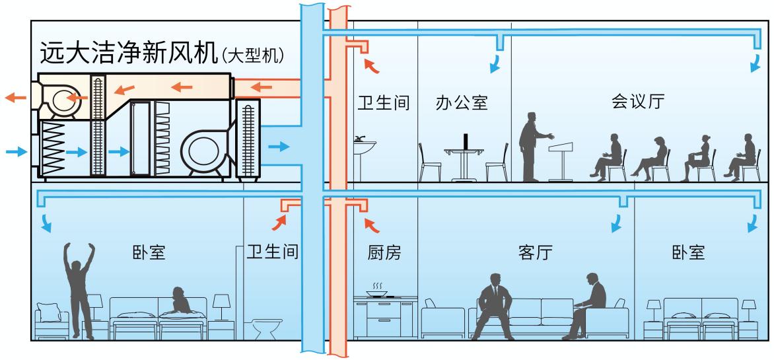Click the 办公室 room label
[x=462, y=103]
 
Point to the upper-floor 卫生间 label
[x=384, y=104]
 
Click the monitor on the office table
[x=467, y=142]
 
